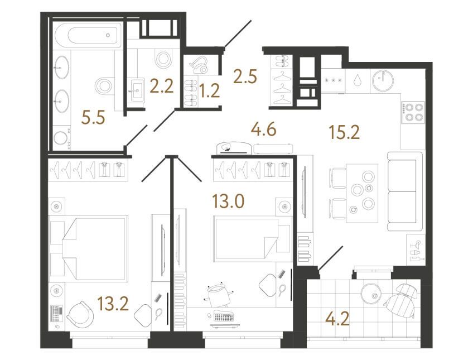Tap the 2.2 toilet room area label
click(162, 86)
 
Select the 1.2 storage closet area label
click(210, 90)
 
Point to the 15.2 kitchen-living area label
click(345, 132)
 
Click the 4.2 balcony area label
click(338, 319)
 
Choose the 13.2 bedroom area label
click(113, 303)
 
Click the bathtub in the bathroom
click(88, 35)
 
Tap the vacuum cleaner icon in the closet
click(198, 65)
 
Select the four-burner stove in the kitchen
click(412, 113)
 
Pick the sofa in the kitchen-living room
click(404, 191)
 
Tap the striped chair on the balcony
click(401, 300)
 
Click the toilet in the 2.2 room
click(163, 59)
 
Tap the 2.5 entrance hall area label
click(245, 76)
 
